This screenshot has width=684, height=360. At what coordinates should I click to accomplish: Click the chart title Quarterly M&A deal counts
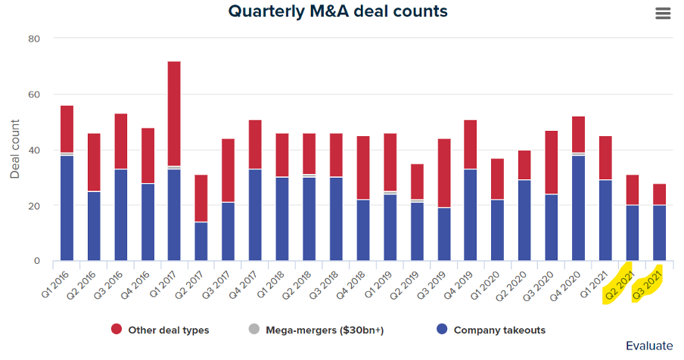click(337, 11)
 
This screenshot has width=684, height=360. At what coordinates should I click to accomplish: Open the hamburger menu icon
click(664, 14)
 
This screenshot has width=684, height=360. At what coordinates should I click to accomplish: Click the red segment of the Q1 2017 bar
click(174, 113)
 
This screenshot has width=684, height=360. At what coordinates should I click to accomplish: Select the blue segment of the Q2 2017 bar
click(201, 241)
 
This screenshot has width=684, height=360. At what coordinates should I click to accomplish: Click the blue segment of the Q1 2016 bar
click(67, 208)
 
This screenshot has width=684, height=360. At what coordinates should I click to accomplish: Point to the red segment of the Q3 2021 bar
click(658, 194)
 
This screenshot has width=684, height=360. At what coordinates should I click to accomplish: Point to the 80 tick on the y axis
click(34, 39)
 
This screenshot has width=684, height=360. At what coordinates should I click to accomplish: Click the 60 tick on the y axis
click(34, 95)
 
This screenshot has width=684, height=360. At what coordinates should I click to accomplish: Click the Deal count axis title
click(15, 150)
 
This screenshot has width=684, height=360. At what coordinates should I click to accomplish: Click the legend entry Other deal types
click(158, 330)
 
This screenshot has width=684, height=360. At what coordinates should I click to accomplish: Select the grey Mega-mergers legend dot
click(254, 330)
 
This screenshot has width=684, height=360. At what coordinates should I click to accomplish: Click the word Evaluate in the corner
click(648, 346)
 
